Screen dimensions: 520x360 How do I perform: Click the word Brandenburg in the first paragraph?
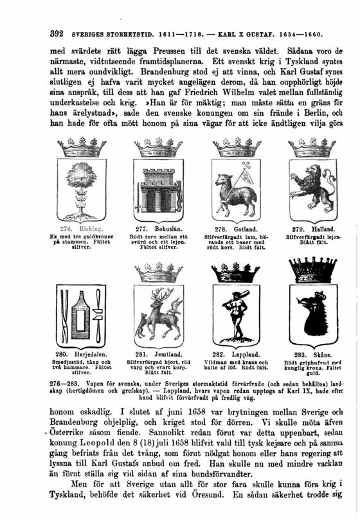tap(120, 82)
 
